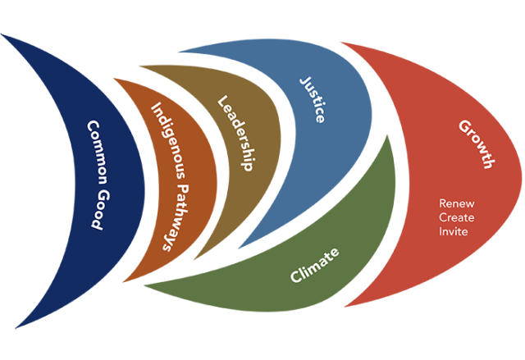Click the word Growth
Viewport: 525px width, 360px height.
pos(476,144)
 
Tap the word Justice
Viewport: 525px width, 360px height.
pos(313,99)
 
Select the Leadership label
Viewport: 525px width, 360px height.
pos(234,133)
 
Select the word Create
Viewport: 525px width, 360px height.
pos(457,217)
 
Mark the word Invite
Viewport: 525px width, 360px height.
pos(454,231)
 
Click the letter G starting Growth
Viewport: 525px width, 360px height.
pos(464,126)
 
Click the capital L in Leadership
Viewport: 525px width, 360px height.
pos(221,102)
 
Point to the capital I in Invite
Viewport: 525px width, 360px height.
pos(441,231)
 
